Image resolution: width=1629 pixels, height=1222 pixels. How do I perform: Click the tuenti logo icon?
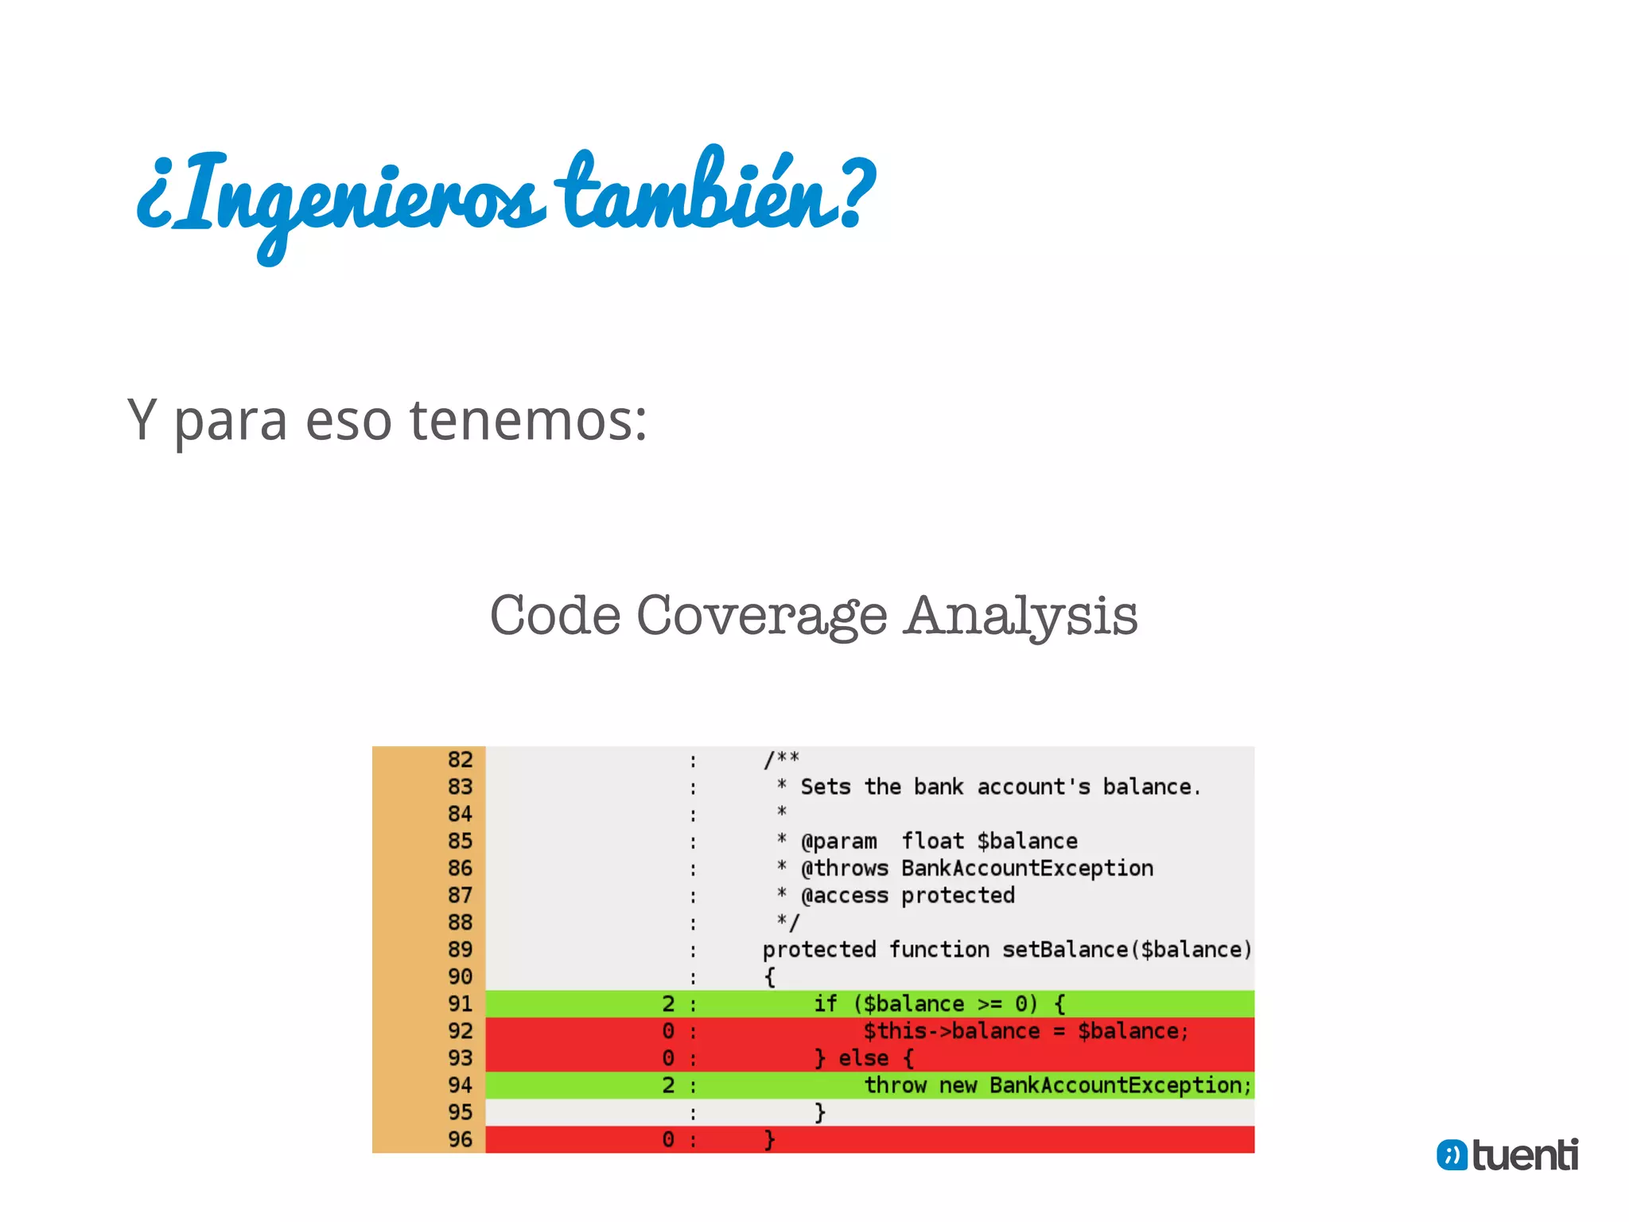pyautogui.click(x=1452, y=1155)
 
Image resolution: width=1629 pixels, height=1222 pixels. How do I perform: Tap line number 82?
pyautogui.click(x=460, y=760)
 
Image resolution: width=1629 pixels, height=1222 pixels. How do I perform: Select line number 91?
pyautogui.click(x=460, y=1004)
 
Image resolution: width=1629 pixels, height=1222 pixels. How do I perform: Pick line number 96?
pyautogui.click(x=460, y=1139)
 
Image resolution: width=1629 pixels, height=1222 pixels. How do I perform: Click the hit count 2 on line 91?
pyautogui.click(x=668, y=1004)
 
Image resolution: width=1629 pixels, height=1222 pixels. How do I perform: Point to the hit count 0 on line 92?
pyautogui.click(x=668, y=1031)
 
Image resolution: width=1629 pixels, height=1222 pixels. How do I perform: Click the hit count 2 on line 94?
pyautogui.click(x=668, y=1085)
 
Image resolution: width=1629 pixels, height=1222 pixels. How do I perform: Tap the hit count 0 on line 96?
pyautogui.click(x=668, y=1139)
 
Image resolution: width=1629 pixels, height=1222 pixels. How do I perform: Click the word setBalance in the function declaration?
pyautogui.click(x=1065, y=950)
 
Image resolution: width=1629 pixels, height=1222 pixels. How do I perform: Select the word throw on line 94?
pyautogui.click(x=895, y=1085)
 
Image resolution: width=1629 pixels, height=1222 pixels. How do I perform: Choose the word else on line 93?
pyautogui.click(x=863, y=1058)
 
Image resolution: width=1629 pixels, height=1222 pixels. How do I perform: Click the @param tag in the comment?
pyautogui.click(x=838, y=841)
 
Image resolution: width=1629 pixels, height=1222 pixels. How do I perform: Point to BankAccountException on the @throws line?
pyautogui.click(x=1027, y=868)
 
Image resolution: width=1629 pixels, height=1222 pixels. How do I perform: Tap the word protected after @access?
pyautogui.click(x=958, y=896)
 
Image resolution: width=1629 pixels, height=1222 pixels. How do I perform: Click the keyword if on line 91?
pyautogui.click(x=825, y=1004)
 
